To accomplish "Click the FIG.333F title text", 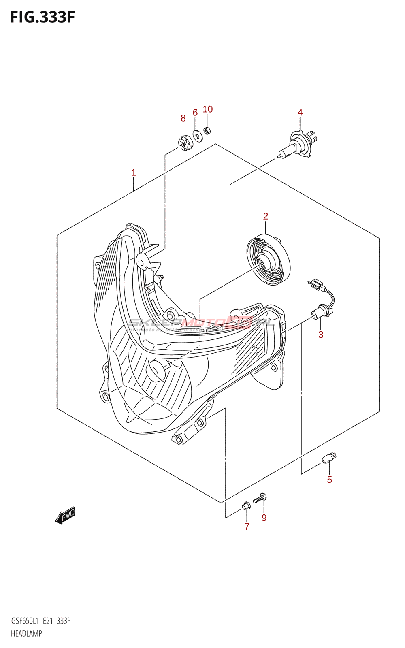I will click(43, 17).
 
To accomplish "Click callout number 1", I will click(134, 173).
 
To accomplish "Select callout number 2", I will click(266, 216).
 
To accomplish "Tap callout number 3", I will click(321, 335).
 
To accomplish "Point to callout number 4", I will click(300, 113).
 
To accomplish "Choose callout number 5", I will click(330, 480).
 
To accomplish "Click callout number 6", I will click(195, 113).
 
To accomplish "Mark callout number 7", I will click(247, 526).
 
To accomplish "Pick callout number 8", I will click(183, 118).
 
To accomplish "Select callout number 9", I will click(264, 518).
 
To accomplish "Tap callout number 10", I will click(207, 109).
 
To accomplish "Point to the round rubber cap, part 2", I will click(269, 260).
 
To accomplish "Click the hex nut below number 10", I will click(207, 130).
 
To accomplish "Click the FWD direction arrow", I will click(66, 515).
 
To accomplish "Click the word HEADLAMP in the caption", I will click(27, 633).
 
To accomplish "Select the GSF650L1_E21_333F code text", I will click(40, 621).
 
